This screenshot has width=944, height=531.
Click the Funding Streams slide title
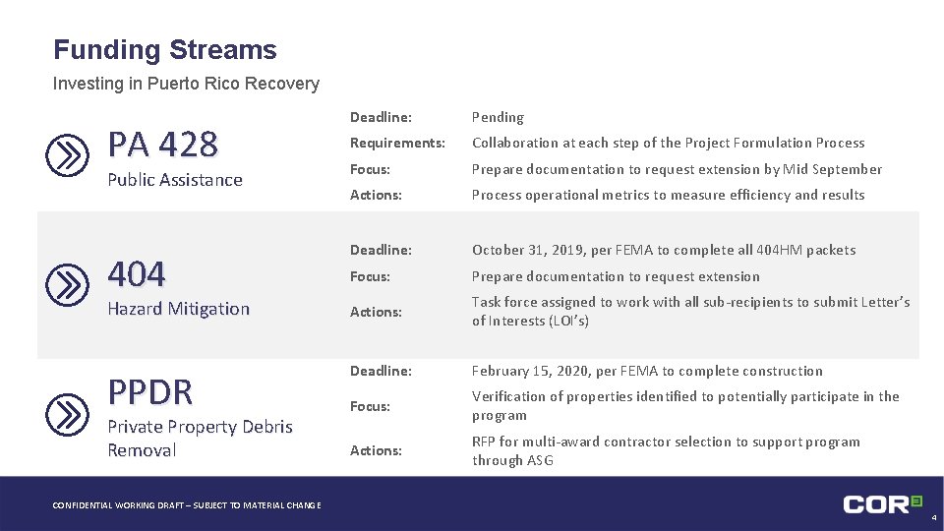[x=165, y=50]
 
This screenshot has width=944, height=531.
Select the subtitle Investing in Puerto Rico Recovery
[x=186, y=84]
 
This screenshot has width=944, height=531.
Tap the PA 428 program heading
[x=162, y=145]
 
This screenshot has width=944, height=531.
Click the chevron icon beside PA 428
[x=68, y=156]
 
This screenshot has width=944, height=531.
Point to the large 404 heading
[x=137, y=273]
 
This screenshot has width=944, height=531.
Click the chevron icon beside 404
[x=68, y=285]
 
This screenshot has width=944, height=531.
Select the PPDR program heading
[x=150, y=391]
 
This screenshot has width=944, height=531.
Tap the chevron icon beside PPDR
[x=68, y=414]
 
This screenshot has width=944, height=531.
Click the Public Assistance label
[x=174, y=180]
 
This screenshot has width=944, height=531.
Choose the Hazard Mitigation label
[x=178, y=309]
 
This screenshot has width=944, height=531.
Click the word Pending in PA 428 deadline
[x=498, y=117]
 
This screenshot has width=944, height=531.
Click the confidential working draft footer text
[x=186, y=505]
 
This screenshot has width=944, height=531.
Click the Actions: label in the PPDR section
[x=376, y=450]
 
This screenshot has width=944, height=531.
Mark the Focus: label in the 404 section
[x=370, y=276]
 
